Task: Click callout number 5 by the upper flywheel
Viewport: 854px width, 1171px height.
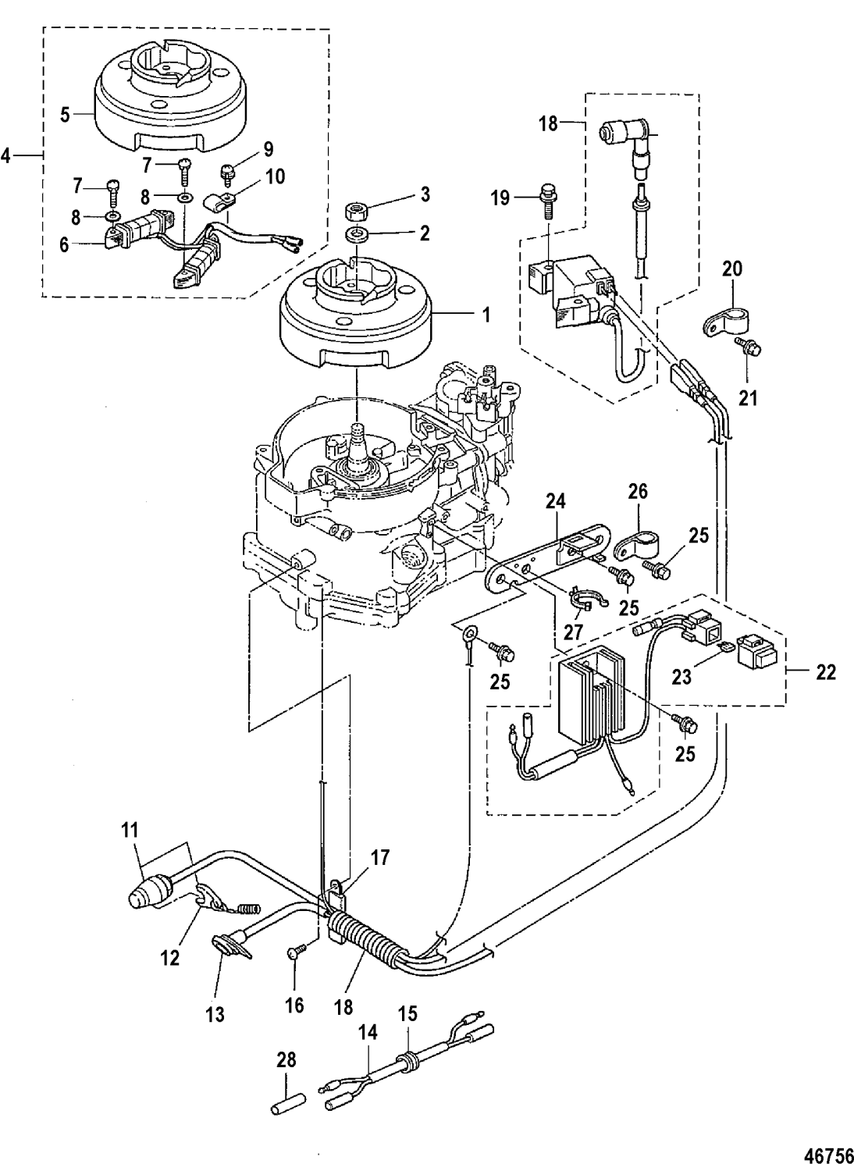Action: pos(66,114)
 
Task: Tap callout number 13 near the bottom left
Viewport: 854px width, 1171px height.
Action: pos(215,1014)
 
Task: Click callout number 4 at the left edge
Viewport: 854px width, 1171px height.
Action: pos(7,155)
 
